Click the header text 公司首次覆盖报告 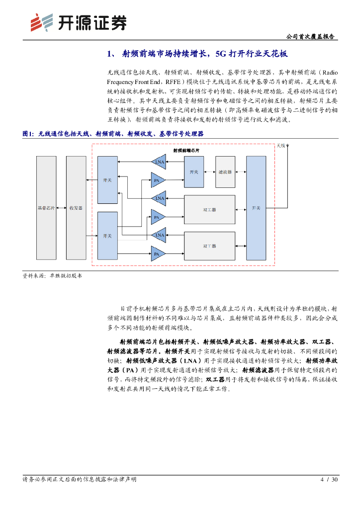(x=311, y=37)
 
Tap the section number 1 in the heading (x=110, y=54)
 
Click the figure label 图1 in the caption (x=28, y=134)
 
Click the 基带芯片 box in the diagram (x=46, y=207)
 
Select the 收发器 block (x=76, y=207)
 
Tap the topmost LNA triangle (x=159, y=162)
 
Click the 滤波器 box (x=225, y=171)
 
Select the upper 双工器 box (x=209, y=210)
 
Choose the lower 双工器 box (x=209, y=246)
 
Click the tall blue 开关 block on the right (x=256, y=207)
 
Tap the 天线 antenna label (x=281, y=146)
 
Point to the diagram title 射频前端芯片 (x=186, y=150)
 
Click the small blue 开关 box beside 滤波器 (x=194, y=171)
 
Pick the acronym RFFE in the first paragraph (x=173, y=82)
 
